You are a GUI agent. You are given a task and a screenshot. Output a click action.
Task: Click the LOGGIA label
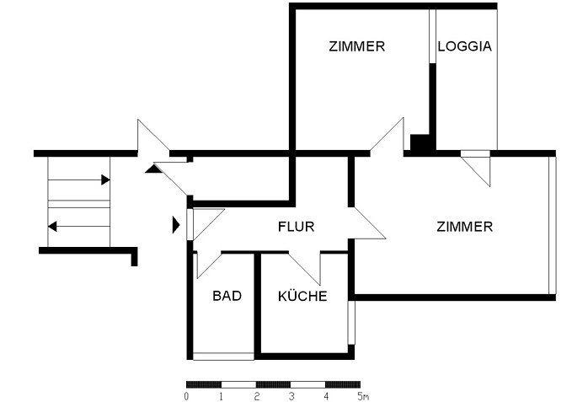pos(465,46)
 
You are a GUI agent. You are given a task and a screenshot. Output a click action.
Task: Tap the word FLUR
pos(296,227)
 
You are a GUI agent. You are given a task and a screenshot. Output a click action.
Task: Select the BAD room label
pos(227,296)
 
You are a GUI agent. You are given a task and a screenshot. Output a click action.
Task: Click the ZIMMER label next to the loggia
pos(356,46)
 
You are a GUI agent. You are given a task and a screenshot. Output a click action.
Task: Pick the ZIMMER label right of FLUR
pos(465,227)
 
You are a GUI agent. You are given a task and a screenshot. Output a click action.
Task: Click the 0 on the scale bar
pos(186,396)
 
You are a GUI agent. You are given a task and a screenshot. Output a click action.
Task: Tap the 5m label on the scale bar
pos(362,396)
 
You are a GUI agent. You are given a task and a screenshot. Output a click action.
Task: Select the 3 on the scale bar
pos(291,396)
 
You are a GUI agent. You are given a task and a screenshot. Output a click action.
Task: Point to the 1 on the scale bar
pos(222,396)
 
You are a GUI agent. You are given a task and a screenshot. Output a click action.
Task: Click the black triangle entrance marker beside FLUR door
pos(176,225)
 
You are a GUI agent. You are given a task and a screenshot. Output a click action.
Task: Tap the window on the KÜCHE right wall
pos(351,323)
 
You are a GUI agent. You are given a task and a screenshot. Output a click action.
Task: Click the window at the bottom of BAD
pos(223,356)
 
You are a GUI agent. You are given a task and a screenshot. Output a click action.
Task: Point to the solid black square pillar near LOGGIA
pos(420,143)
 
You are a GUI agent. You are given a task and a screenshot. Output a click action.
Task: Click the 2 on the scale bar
pos(257,396)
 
